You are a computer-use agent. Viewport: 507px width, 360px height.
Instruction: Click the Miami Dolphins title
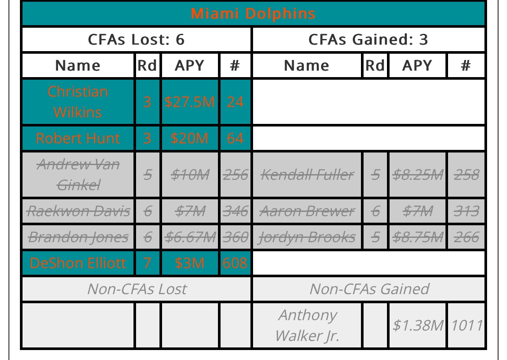click(253, 13)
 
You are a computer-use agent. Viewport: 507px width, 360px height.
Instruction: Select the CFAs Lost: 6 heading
click(136, 39)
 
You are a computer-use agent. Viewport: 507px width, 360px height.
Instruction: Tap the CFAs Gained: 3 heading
click(368, 39)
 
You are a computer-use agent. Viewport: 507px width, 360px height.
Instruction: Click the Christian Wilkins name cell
click(78, 102)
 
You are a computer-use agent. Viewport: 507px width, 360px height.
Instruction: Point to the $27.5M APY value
click(189, 102)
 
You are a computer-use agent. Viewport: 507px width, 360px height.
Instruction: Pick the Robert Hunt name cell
click(78, 138)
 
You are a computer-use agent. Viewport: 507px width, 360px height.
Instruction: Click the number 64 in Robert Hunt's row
click(235, 138)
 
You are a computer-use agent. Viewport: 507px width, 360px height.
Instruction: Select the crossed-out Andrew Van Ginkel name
click(78, 175)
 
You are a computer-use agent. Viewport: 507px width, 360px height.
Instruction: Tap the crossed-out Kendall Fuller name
click(307, 175)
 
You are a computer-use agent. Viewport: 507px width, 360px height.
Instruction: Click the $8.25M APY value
click(417, 175)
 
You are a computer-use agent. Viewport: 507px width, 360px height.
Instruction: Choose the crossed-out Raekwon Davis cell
click(78, 211)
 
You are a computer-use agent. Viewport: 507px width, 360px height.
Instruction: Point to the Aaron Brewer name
click(307, 211)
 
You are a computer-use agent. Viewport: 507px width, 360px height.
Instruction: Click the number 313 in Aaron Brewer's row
click(466, 211)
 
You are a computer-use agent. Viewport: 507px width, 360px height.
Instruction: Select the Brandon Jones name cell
click(78, 237)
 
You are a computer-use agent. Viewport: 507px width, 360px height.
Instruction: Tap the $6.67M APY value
click(190, 237)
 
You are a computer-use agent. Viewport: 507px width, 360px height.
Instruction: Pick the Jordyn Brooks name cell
click(307, 237)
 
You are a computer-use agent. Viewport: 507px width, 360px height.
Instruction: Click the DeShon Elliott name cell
click(78, 263)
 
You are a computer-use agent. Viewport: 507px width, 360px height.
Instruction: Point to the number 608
click(235, 263)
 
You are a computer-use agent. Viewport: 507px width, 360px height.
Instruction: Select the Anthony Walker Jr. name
click(307, 325)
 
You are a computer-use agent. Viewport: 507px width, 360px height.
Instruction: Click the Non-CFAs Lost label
click(137, 289)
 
